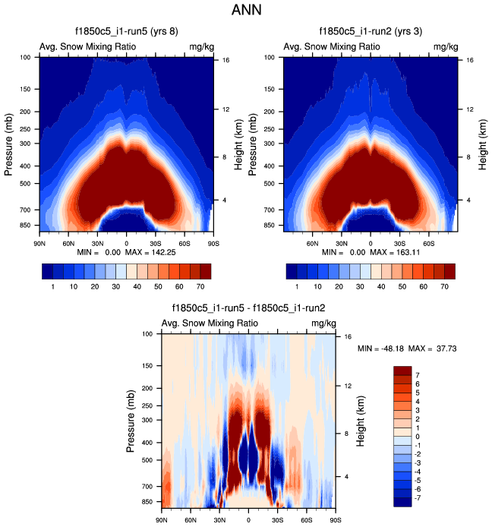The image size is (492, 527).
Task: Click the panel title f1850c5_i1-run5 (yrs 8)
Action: [126, 32]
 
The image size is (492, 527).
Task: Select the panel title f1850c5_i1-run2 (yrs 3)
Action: [371, 32]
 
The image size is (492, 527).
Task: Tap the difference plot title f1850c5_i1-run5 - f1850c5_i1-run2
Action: [249, 308]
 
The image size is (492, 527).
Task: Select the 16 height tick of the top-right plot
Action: [470, 60]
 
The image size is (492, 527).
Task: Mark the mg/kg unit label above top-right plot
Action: [446, 46]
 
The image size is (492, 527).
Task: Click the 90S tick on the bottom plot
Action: [335, 519]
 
